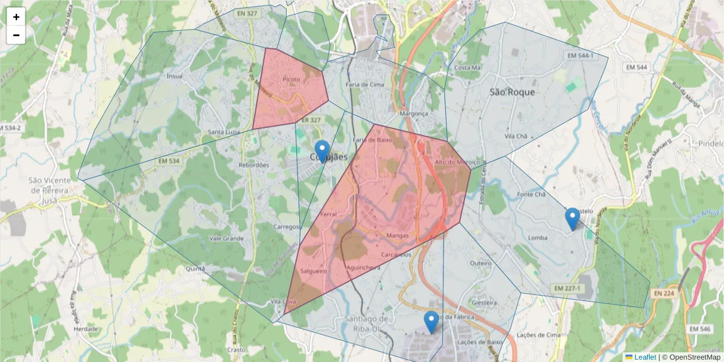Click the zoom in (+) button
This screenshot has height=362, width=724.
pos(16,17)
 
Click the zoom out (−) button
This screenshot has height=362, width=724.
pos(16,35)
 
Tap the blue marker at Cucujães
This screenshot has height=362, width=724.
pos(323,151)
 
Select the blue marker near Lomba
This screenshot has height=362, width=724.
pos(573,219)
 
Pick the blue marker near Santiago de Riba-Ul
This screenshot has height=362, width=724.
pos(431,322)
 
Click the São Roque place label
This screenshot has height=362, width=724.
pos(512,92)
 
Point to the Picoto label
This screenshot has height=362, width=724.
pos(291,79)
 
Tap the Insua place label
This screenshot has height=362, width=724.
pos(174,76)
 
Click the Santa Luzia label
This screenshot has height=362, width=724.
pos(224,132)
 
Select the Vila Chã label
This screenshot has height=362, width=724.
pos(516,136)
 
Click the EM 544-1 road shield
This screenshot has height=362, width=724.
pos(580,56)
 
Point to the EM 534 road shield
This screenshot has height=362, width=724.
pos(170,161)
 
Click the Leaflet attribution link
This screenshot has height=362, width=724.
pos(645,357)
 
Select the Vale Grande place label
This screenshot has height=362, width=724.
pos(226,238)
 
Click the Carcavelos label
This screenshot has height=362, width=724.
pos(396,255)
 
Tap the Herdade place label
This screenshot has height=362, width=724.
pos(86,329)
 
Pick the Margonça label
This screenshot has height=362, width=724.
pos(414,113)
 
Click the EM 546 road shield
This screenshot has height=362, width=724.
pos(699,329)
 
